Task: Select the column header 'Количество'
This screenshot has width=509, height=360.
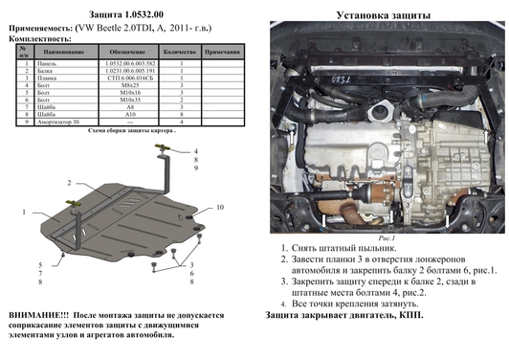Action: (x=178, y=50)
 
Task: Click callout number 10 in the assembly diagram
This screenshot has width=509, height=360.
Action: (x=219, y=208)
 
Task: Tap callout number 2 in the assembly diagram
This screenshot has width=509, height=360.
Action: (x=68, y=181)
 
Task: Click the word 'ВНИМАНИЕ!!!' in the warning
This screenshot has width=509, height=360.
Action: (x=37, y=314)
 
